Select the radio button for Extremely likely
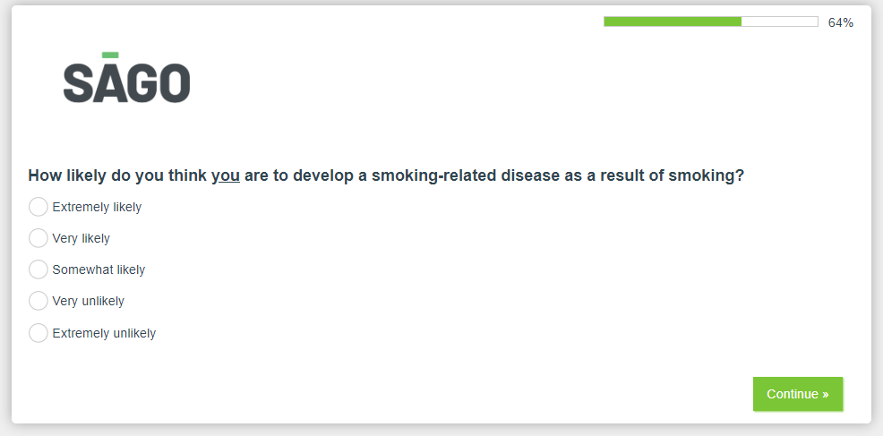coord(39,207)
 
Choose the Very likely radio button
coord(39,238)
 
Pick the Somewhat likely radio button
coord(39,269)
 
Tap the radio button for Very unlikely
coord(39,301)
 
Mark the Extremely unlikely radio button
coord(39,333)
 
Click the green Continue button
coord(798,394)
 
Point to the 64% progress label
coord(841,22)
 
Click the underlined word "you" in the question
coord(226,176)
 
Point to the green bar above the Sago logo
coord(110,56)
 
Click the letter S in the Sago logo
coord(77,83)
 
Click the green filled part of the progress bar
coord(673,21)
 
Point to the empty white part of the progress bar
coord(779,21)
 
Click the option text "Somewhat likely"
coord(99,269)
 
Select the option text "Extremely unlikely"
coord(104,333)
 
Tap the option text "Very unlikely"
coord(89,302)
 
